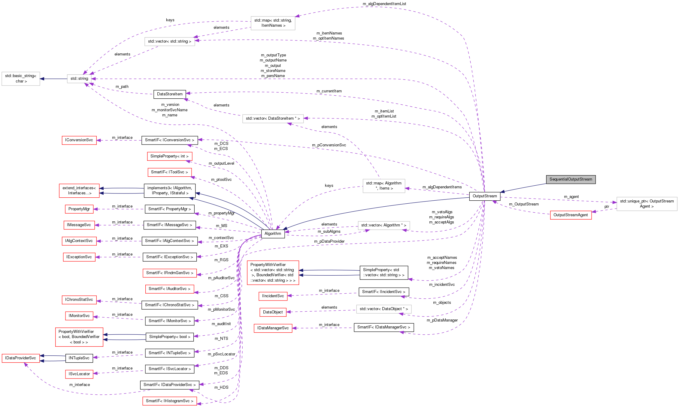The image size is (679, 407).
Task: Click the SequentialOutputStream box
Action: [571, 179]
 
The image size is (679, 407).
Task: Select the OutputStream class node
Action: [484, 196]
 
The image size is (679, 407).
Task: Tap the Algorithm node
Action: [273, 234]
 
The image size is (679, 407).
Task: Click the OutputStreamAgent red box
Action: [571, 215]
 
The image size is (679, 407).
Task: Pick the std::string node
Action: [79, 79]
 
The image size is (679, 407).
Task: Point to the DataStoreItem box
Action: [169, 94]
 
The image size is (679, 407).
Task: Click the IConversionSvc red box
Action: [79, 140]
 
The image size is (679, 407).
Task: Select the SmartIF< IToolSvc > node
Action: [169, 172]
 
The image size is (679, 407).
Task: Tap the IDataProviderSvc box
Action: [20, 358]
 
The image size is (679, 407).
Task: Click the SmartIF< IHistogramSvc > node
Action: [169, 401]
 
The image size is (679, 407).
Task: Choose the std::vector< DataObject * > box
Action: [383, 309]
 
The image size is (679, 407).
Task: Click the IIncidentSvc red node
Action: [273, 296]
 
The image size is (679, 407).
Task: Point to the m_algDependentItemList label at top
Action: [384, 4]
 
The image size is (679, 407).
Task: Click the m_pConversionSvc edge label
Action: [329, 145]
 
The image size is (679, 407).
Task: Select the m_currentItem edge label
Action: [329, 91]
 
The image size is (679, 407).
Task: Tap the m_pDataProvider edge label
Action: [329, 241]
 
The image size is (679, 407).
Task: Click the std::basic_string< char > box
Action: [20, 79]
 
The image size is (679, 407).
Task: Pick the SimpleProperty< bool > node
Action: [169, 337]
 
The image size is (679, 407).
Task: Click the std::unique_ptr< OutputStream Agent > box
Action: [647, 204]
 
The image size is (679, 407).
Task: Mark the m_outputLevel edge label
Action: [221, 163]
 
